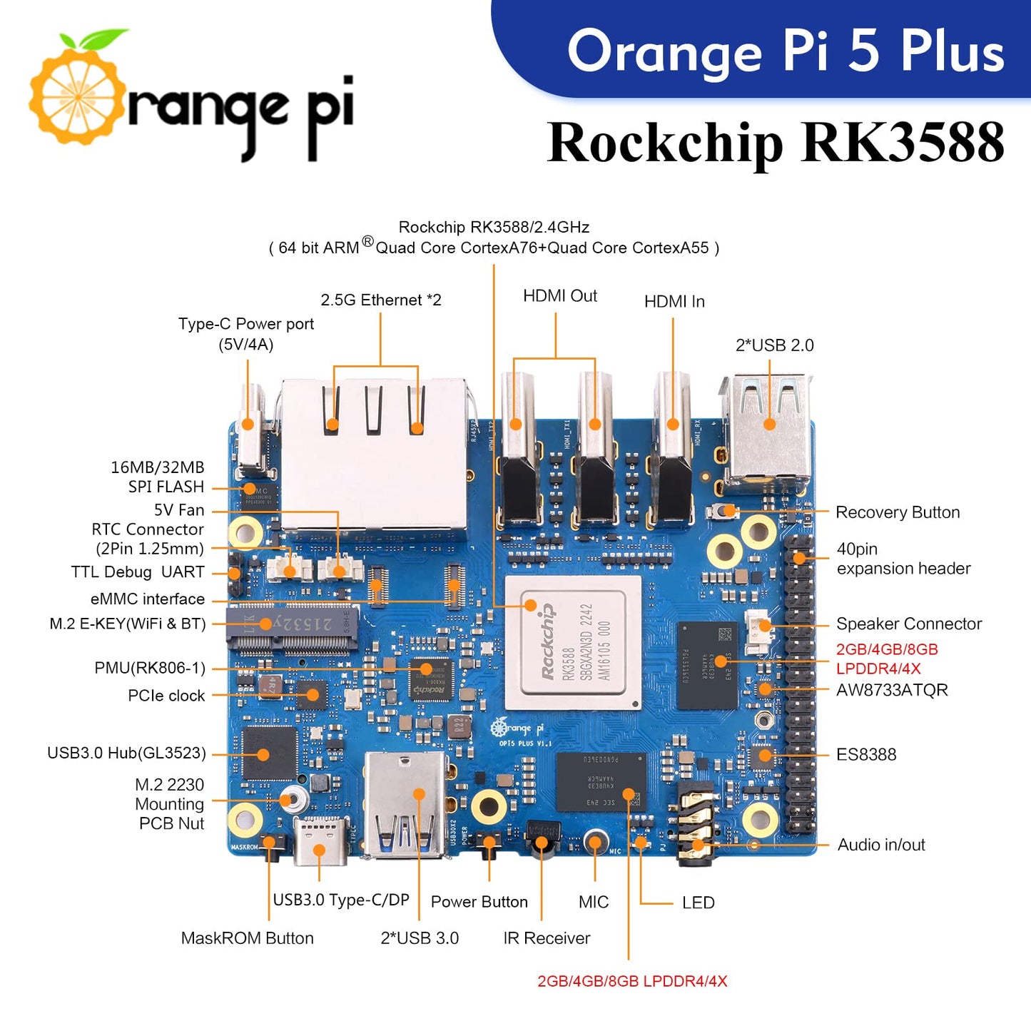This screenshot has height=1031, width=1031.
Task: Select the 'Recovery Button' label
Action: [897, 512]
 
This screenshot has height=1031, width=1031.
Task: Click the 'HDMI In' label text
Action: [674, 302]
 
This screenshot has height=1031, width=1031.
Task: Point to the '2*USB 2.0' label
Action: [774, 345]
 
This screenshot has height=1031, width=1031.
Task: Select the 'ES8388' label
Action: [865, 755]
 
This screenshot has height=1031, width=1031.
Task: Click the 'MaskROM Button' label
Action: [247, 938]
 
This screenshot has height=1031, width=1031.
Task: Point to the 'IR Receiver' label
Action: [547, 938]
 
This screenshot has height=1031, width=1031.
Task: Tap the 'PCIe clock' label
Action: [166, 696]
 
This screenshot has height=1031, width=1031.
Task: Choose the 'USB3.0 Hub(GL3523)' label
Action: [126, 753]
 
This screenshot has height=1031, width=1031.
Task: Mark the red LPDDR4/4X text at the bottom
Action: [632, 981]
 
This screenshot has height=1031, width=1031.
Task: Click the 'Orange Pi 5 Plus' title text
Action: [785, 51]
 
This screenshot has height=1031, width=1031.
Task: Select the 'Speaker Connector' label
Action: [908, 624]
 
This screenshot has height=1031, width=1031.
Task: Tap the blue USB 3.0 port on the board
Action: [405, 806]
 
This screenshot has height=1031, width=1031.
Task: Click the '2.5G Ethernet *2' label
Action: [380, 300]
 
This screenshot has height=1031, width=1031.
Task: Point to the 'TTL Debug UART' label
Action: [138, 572]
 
